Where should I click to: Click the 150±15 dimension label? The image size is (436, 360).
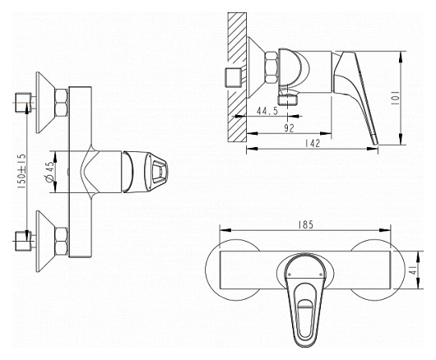coord(22,172)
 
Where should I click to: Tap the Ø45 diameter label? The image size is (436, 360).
coord(50,172)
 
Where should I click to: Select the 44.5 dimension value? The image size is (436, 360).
coord(267,111)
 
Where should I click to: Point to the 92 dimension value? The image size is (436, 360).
coord(289,128)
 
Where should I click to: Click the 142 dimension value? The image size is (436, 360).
coord(313,143)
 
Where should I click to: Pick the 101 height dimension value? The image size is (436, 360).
coord(395,98)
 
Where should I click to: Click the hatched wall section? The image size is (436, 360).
coord(237,77)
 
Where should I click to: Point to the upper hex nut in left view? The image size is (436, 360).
coord(62,103)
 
